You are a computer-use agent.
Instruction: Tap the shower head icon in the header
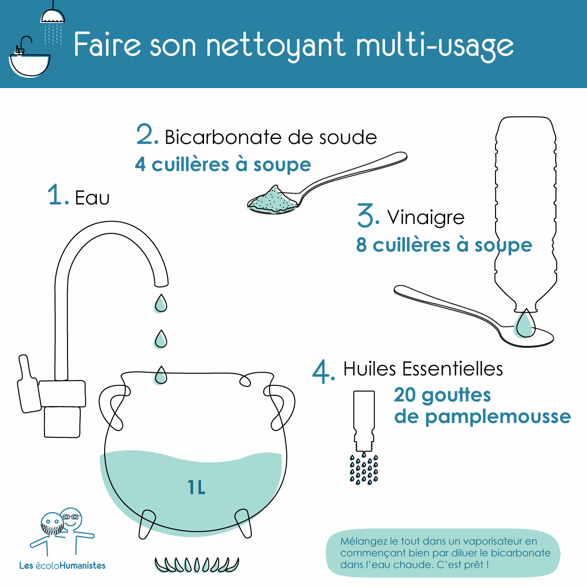(x=53, y=16)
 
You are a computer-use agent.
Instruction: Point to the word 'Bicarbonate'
(x=223, y=137)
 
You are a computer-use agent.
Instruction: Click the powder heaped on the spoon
(x=271, y=199)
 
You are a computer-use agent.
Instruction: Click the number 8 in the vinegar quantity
(x=361, y=245)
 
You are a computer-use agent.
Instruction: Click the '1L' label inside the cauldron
(x=196, y=488)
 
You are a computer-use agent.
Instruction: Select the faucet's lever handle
(x=29, y=384)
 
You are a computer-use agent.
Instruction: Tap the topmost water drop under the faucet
(x=160, y=303)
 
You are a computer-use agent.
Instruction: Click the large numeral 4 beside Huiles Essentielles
(x=322, y=372)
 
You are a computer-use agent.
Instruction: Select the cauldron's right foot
(x=243, y=523)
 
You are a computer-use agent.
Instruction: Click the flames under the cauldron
(x=197, y=564)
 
